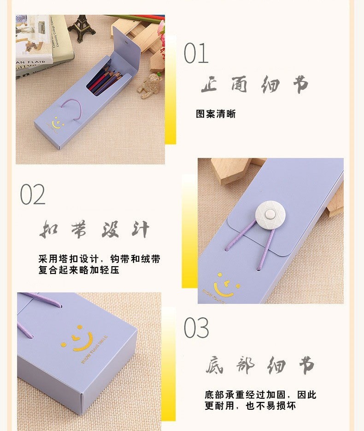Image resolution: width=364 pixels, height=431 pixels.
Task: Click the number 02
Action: [x=33, y=194]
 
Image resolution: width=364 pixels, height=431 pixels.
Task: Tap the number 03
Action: [x=196, y=328]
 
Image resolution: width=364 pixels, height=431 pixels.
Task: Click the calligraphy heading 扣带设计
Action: [x=94, y=228]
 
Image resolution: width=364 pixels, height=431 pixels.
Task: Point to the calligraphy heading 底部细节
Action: [x=260, y=365]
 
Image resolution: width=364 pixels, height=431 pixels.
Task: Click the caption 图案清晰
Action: [x=216, y=114]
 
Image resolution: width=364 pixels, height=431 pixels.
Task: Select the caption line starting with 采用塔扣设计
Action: [x=100, y=259]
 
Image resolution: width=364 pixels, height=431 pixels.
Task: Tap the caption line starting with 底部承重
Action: [x=260, y=395]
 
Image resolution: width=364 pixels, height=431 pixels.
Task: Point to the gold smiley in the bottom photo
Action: [x=81, y=340]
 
